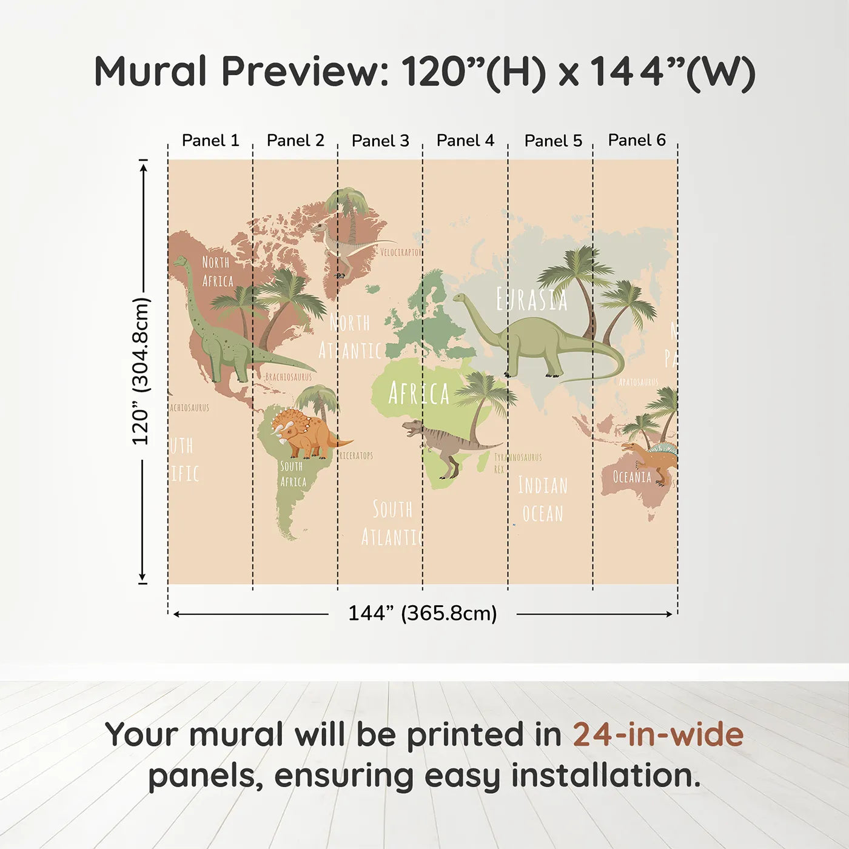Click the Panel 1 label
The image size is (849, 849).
210,141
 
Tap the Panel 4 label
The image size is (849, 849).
465,141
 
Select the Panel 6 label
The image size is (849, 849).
637,140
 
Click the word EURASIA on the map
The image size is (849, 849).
532,300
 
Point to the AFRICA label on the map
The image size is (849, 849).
418,394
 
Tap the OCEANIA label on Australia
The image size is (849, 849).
632,477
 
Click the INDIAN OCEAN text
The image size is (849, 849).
543,499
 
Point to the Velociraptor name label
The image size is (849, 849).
400,252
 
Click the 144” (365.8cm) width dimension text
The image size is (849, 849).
423,613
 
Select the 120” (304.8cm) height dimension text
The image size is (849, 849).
141,371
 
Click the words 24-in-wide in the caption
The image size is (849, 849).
658,734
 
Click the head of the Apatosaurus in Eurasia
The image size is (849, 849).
460,298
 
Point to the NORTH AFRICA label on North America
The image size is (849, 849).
216,271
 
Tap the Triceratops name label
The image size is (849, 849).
356,455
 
